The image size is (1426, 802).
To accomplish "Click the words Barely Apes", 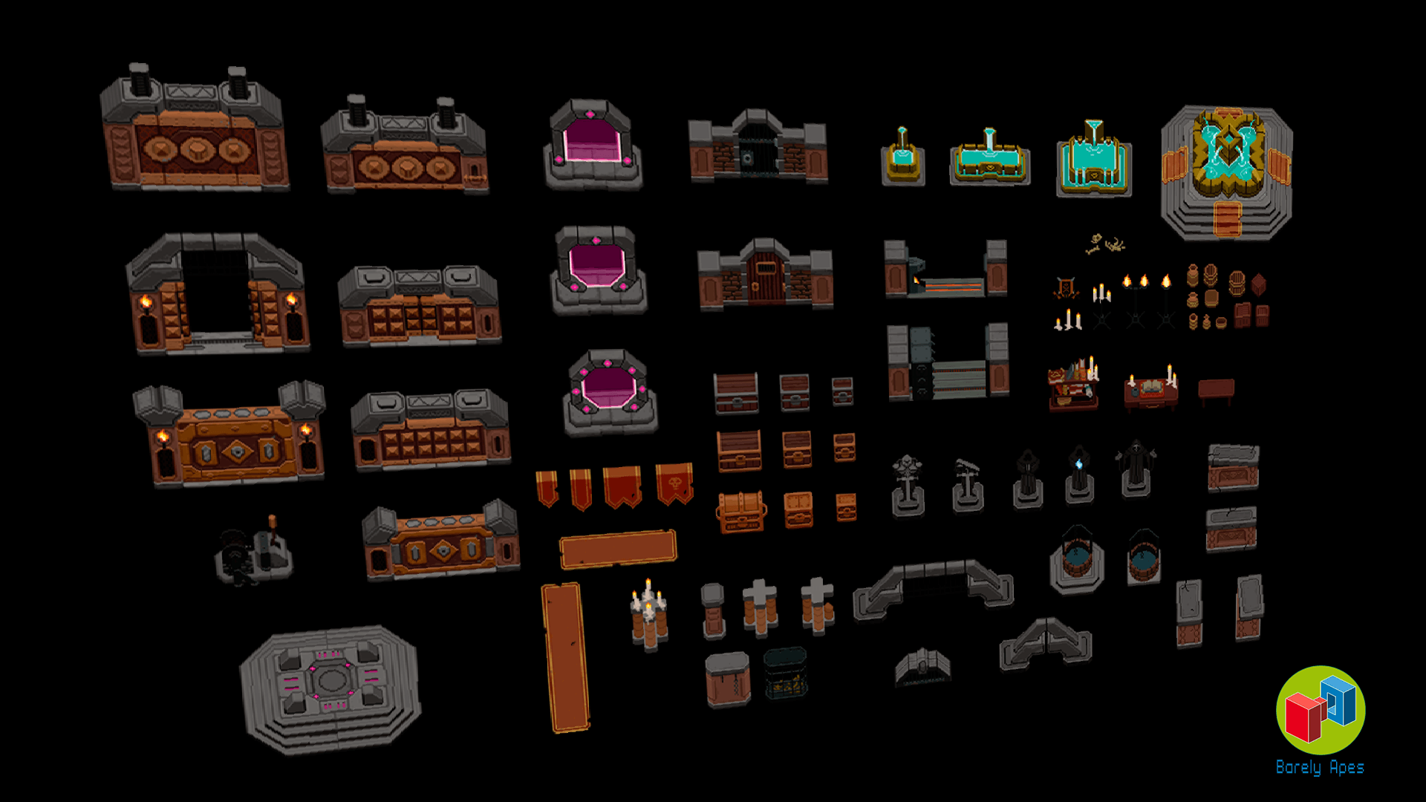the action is (x=1320, y=767).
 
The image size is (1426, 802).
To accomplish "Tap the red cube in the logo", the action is (x=1304, y=717).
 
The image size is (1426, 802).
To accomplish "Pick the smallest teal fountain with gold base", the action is (x=903, y=157).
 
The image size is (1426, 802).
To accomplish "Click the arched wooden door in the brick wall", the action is (x=766, y=276).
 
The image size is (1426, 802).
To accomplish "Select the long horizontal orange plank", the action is (x=618, y=550).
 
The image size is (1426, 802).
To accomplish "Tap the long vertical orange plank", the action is (x=566, y=657).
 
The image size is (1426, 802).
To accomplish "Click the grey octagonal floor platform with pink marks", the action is (x=331, y=689).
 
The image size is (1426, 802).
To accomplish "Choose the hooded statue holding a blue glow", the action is (x=1079, y=474).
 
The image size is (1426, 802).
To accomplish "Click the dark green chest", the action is (x=786, y=673).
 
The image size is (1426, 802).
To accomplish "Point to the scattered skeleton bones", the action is (x=1104, y=244).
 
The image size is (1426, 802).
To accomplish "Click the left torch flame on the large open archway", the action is (x=146, y=301).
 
